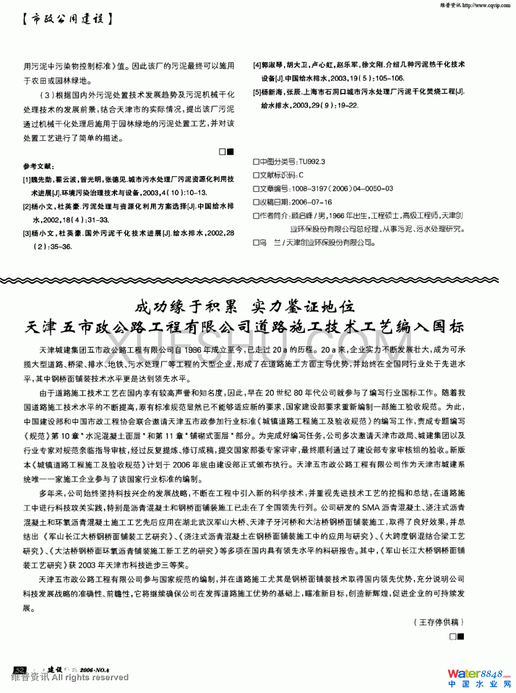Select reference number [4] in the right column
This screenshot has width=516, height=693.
[257, 64]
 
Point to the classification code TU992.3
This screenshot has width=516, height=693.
[312, 162]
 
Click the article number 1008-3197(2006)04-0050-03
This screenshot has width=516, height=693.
[342, 188]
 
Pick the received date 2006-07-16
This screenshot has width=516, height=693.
[312, 202]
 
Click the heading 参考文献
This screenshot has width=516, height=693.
[38, 166]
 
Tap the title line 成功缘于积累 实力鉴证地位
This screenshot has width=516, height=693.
[244, 306]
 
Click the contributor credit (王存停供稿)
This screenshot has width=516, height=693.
[438, 622]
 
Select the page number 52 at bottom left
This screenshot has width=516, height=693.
[20, 670]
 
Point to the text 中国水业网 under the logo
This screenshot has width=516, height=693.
[479, 684]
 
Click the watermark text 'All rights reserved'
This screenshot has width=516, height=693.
[90, 677]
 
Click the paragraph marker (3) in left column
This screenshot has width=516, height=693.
[48, 95]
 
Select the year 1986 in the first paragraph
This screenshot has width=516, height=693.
[193, 349]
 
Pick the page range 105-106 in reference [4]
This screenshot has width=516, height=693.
[389, 78]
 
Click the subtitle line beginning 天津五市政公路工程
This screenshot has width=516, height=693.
[244, 327]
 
